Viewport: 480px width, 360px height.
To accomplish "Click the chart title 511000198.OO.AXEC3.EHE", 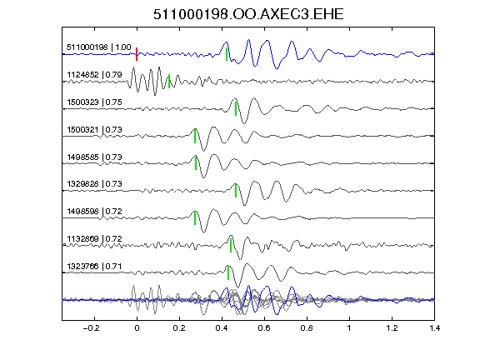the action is coord(248,14).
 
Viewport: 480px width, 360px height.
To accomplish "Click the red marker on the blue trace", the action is coord(137,54).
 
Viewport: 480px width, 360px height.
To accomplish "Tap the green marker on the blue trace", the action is coord(227,54).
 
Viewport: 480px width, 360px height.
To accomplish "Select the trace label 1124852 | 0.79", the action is coord(94,75).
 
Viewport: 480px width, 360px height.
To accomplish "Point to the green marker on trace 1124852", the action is coord(169,81).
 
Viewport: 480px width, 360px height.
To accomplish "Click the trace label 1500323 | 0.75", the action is coord(94,102).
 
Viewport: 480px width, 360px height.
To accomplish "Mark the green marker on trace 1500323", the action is coord(236,108).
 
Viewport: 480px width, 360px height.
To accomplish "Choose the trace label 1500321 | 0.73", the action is coord(94,130).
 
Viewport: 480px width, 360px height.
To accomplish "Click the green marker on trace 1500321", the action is coord(195,136).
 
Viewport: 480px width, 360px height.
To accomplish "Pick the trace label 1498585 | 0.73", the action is coord(94,157).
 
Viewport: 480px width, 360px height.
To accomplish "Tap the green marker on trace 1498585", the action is coord(196,163).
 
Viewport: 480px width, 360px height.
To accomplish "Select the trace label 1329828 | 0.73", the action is coord(94,184).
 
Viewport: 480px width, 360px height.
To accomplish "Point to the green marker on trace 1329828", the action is coord(236,190).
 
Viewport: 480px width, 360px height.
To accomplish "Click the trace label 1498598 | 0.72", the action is coord(94,212).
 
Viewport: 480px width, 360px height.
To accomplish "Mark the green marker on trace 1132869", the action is coord(231,245).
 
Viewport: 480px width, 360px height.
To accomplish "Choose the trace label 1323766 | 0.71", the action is coord(94,267).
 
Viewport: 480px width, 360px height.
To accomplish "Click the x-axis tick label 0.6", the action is coord(264,328).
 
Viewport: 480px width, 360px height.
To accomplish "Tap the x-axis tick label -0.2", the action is coord(91,328).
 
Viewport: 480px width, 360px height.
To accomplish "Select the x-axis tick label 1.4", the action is coord(434,328).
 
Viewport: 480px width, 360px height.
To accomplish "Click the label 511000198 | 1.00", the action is coord(99,47).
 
